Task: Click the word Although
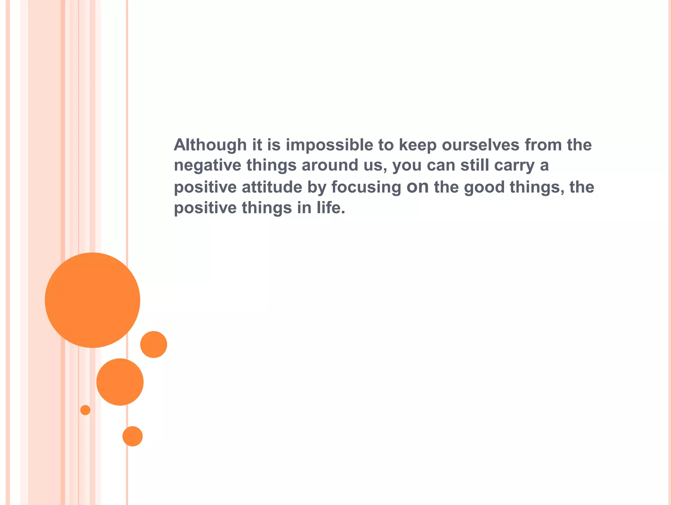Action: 210,145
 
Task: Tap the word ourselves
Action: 480,145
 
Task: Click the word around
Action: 330,165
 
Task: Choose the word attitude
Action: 272,187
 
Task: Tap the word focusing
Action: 366,187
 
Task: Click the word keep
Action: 417,145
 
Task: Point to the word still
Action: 474,165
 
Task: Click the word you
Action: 407,166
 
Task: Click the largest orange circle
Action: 92,300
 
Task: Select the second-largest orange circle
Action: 120,382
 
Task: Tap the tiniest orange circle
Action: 85,410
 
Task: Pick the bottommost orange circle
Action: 132,436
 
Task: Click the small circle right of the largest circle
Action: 153,344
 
